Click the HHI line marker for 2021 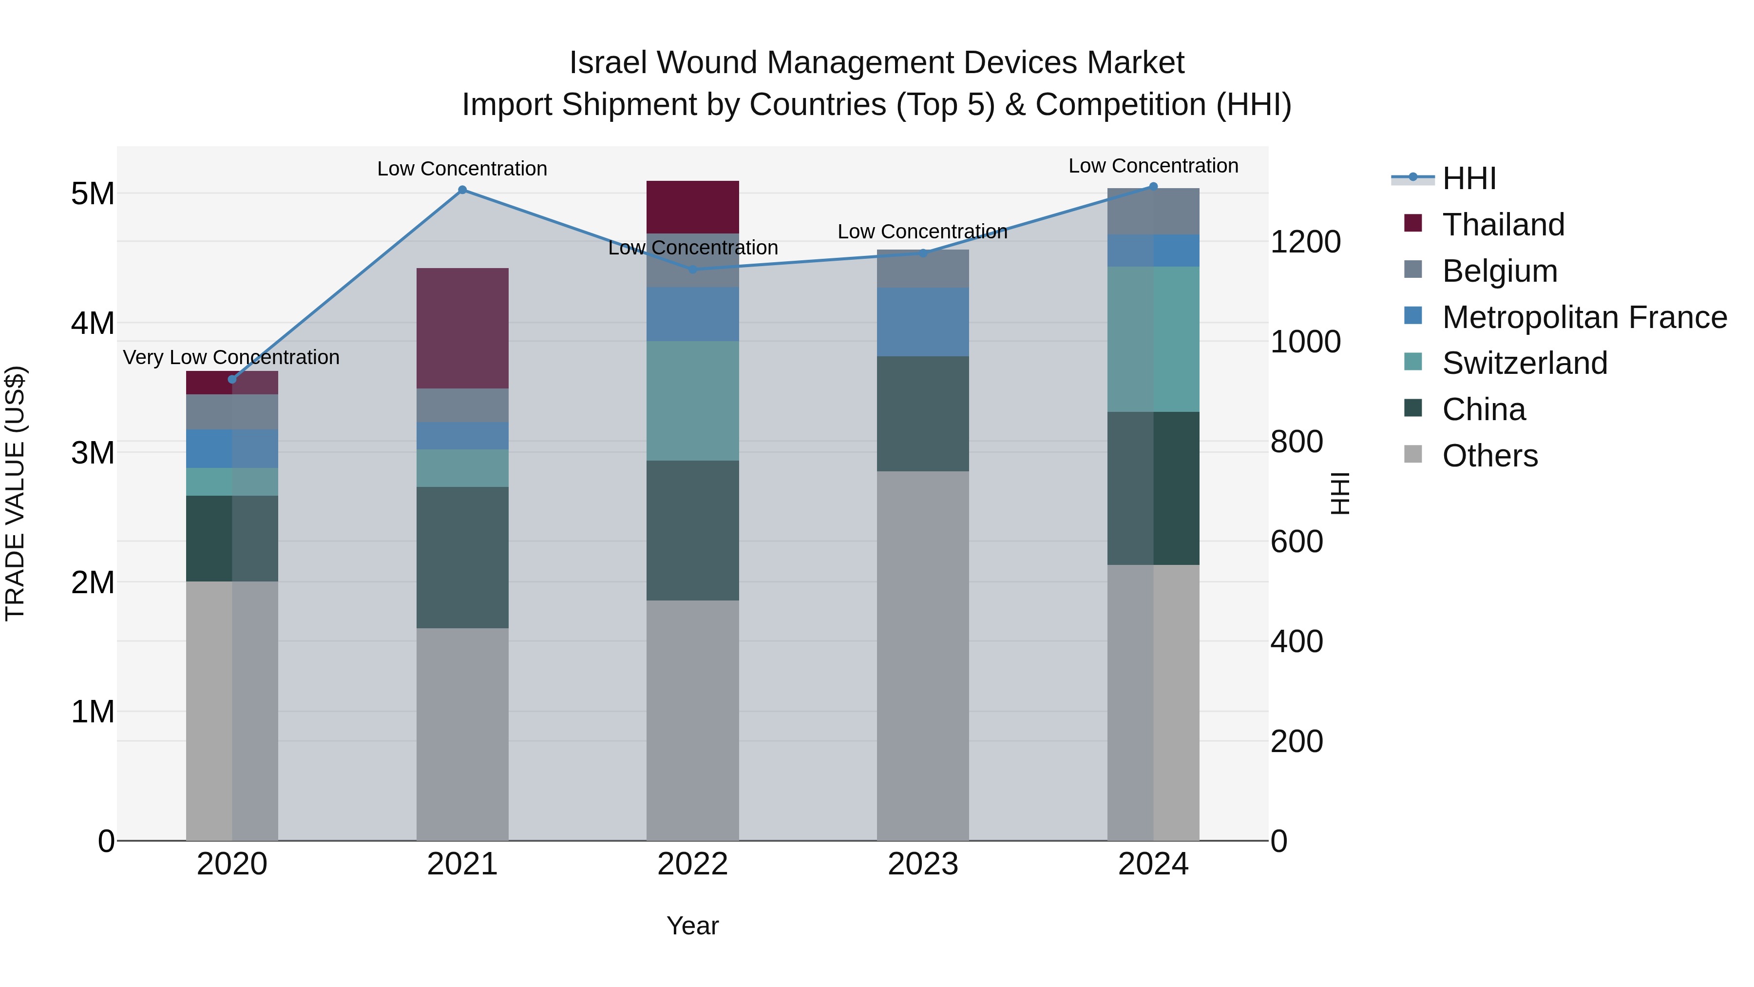[x=462, y=190]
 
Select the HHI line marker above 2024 [x=1153, y=187]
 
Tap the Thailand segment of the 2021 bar [x=462, y=329]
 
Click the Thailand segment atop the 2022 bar [x=692, y=207]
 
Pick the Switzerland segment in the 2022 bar [x=692, y=401]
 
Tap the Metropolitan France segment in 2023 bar [x=923, y=322]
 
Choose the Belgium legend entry [x=1499, y=271]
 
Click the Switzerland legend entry [x=1525, y=363]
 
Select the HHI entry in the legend [x=1468, y=178]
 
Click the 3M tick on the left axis [x=93, y=452]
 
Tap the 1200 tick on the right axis [x=1305, y=242]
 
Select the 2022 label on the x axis [x=692, y=864]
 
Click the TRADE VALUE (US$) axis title [x=15, y=493]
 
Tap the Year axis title [x=692, y=926]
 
